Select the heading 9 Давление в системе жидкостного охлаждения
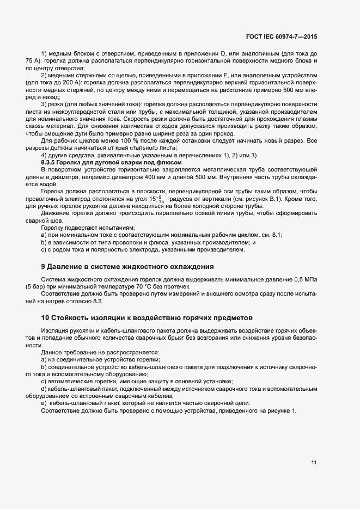(127, 266)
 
